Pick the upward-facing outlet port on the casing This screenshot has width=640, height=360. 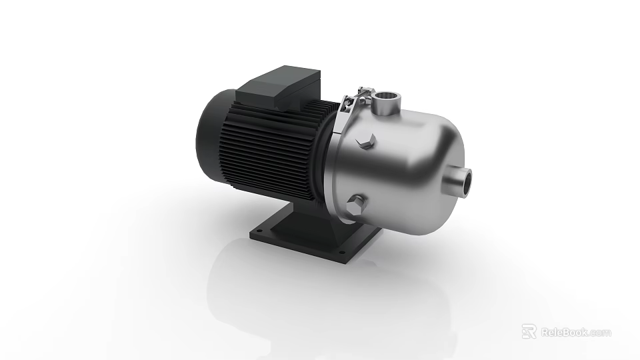click(x=385, y=103)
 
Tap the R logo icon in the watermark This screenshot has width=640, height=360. click(x=529, y=331)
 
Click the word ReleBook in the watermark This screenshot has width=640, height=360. click(x=565, y=332)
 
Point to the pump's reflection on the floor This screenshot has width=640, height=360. click(x=320, y=293)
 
